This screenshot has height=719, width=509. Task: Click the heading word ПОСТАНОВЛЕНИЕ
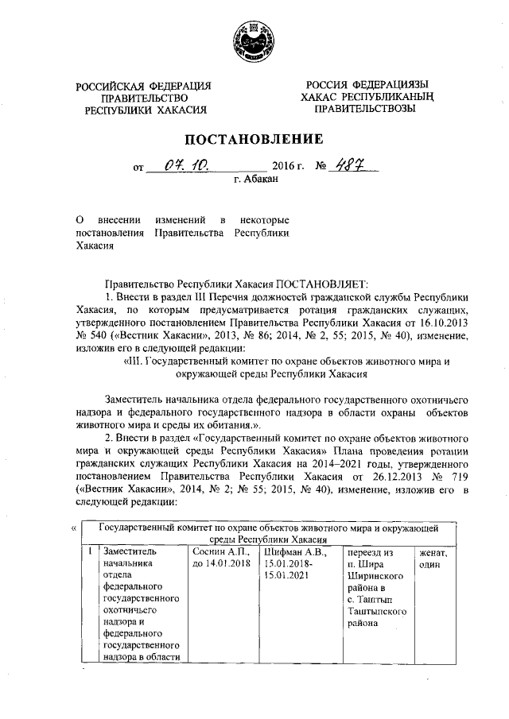point(254,140)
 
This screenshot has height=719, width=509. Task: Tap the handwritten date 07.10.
point(183,166)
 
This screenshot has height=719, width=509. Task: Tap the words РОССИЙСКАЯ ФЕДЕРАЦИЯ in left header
point(144,85)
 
